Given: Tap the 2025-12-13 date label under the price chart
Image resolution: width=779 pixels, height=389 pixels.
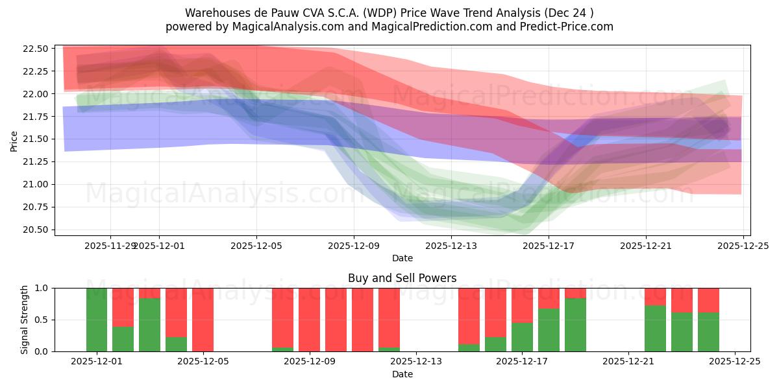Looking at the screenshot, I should (451, 246).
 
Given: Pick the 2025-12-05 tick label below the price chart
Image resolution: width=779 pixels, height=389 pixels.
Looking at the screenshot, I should (256, 246).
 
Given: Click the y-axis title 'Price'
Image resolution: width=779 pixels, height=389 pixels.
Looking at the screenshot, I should (14, 140).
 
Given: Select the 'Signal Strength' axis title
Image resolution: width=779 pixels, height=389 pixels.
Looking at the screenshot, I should (25, 320).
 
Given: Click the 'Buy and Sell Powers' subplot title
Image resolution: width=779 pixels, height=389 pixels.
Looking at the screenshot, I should (402, 278).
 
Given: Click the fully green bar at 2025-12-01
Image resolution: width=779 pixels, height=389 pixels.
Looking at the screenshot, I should (97, 320).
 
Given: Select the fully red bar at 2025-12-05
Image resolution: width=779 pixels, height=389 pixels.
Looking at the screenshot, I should (203, 320).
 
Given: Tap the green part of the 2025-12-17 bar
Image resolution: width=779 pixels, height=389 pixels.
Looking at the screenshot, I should (523, 337).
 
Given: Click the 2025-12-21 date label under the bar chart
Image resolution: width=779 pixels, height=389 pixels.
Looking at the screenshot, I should (628, 362).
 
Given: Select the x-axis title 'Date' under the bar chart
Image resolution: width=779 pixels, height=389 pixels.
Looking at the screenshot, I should (402, 374).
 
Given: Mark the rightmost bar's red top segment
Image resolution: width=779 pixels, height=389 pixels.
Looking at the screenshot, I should (708, 300).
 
